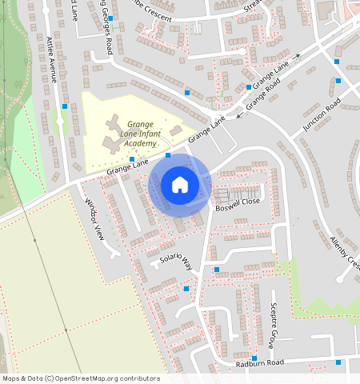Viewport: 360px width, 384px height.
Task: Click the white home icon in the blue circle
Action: [180, 185]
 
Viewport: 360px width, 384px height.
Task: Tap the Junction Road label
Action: [322, 115]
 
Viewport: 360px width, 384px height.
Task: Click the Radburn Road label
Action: [260, 363]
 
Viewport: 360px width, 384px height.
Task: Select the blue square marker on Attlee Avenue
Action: [65, 106]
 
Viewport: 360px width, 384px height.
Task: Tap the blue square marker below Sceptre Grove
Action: [254, 358]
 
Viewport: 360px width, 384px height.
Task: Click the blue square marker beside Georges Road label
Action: [111, 18]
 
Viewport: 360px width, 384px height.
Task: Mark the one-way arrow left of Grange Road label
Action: [239, 115]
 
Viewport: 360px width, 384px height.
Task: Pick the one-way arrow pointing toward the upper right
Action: [296, 58]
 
